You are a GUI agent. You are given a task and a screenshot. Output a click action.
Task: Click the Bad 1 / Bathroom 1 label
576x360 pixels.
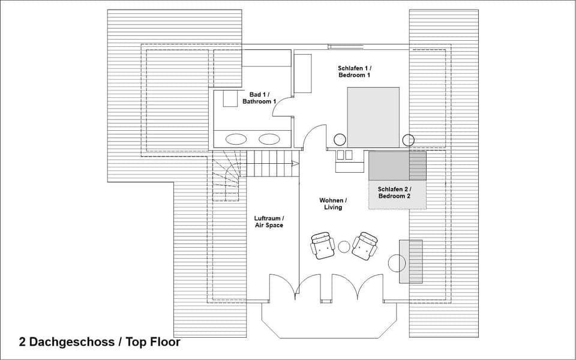coord(259,98)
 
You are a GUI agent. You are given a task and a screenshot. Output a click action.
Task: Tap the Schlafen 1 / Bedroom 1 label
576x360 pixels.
coord(354,72)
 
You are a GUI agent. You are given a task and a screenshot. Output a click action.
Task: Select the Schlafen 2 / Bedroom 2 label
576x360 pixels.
coord(394,193)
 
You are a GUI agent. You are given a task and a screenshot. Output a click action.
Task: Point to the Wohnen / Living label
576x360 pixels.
coord(332,203)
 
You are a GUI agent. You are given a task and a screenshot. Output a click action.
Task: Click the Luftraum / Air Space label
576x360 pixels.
coord(269,221)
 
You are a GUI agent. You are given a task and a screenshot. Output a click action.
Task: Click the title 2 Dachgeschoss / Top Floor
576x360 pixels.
coord(100,342)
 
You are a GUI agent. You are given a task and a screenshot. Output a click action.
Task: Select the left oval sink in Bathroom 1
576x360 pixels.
coord(236,139)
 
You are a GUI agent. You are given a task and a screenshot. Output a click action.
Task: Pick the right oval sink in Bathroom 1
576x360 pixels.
coord(269,139)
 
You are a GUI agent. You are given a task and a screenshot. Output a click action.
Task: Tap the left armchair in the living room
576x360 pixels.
coord(322,245)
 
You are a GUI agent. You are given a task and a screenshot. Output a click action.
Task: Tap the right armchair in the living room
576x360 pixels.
coord(365,246)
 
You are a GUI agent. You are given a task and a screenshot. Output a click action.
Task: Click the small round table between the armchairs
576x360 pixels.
coord(344,246)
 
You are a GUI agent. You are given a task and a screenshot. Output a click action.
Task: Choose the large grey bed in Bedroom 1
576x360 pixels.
coord(373,117)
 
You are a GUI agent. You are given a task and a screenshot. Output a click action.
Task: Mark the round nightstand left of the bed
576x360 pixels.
coord(340,140)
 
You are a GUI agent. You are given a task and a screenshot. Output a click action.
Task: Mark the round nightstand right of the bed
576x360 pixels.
coord(408,140)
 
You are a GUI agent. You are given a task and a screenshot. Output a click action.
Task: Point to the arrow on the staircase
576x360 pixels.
coord(295,163)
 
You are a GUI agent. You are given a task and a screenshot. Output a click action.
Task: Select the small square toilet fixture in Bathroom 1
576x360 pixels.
coord(230,99)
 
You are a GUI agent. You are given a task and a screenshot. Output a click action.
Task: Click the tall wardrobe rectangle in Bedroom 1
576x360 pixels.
coord(303,73)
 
